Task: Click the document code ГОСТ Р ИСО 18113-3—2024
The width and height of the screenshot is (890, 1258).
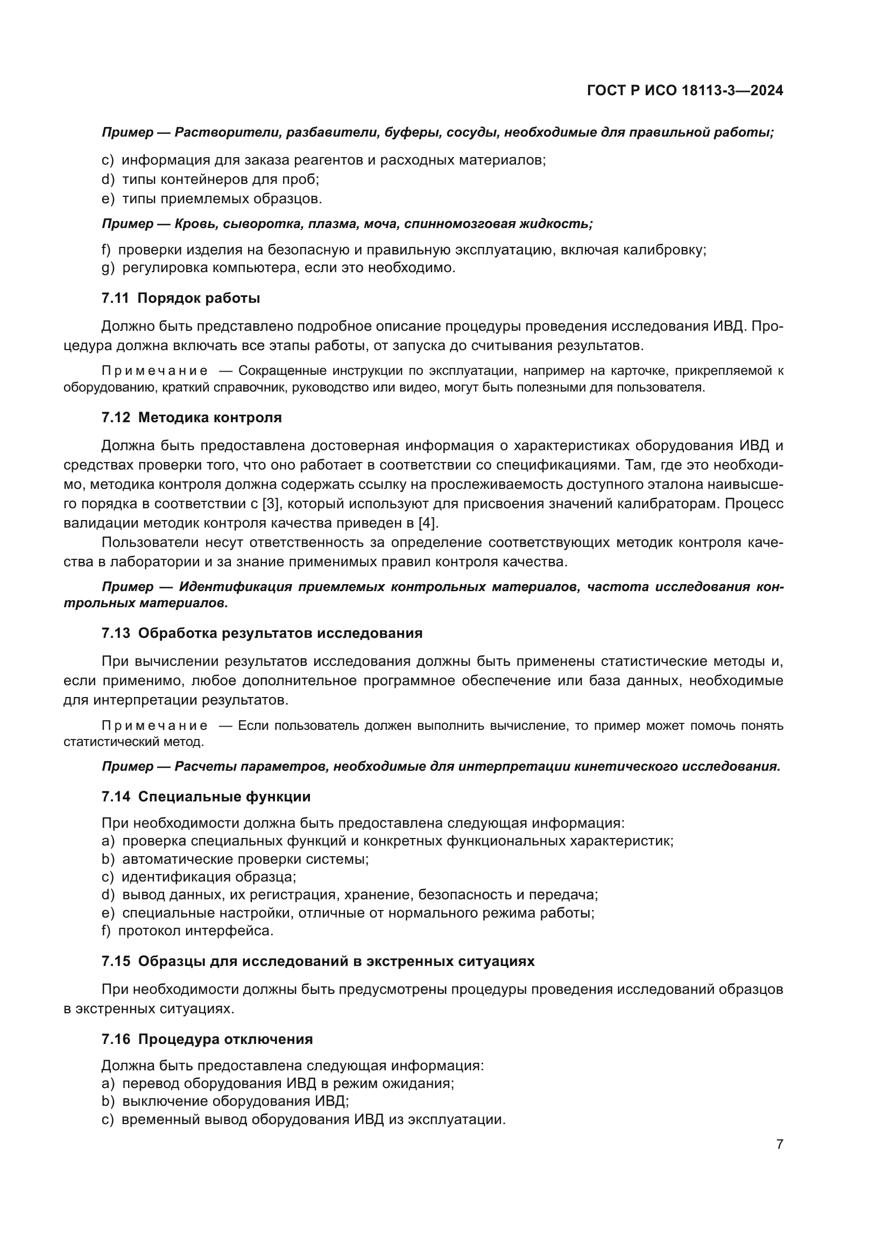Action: [x=684, y=90]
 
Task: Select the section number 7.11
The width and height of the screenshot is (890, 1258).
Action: [x=115, y=298]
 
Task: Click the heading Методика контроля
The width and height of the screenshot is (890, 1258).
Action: [x=210, y=417]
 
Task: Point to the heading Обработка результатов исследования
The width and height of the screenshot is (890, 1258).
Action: [x=280, y=633]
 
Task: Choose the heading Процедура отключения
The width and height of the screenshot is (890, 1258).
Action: [x=225, y=1039]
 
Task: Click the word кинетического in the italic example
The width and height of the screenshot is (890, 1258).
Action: [x=625, y=766]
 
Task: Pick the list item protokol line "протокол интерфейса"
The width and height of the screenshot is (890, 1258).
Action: [x=196, y=930]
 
